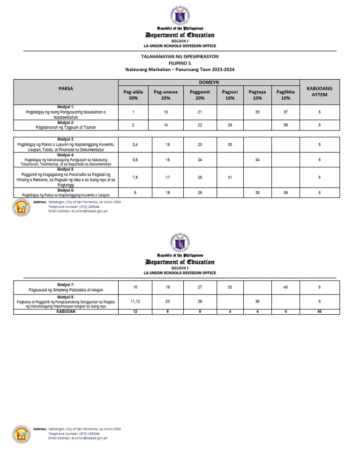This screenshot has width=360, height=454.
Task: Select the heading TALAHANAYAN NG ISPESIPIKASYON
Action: (x=180, y=56)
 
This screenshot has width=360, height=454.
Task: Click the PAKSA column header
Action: (x=66, y=88)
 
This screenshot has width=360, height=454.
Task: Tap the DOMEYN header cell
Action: (x=209, y=82)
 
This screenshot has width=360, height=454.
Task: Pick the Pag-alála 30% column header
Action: (x=133, y=95)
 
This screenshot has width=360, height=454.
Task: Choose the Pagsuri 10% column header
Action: (x=230, y=95)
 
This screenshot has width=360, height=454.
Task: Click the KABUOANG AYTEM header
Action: (x=319, y=91)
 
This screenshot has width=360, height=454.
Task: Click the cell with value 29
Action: (x=230, y=125)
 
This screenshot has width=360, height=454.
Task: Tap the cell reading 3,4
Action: (x=135, y=145)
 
